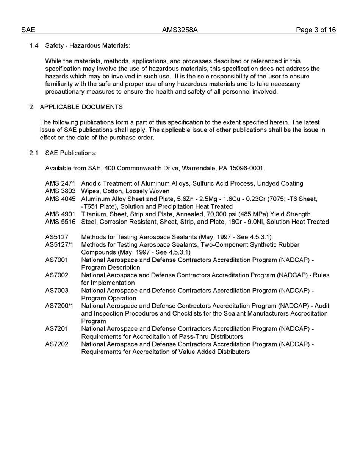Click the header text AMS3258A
[180, 30]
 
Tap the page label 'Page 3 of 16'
[316, 30]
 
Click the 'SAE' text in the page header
[28, 30]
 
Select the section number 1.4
[34, 46]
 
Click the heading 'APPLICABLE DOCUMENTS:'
[82, 107]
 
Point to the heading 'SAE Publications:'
[71, 153]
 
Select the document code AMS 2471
[60, 184]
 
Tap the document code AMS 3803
[60, 191]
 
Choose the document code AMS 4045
[60, 199]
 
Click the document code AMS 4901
[60, 214]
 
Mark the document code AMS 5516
[60, 222]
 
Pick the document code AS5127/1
[59, 245]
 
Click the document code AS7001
[57, 260]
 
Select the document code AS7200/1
[59, 306]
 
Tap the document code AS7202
[57, 344]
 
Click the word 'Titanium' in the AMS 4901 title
[93, 214]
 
